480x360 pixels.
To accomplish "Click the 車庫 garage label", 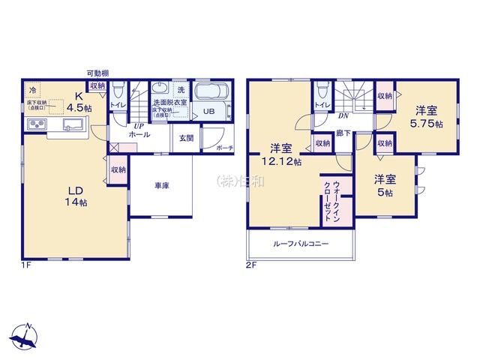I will tap(161, 185).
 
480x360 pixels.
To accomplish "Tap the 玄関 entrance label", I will tap(186, 138).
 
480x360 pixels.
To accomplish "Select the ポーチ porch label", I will tap(223, 148).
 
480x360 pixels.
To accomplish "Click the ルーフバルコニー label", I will tap(300, 244).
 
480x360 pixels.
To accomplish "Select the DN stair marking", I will tap(341, 116).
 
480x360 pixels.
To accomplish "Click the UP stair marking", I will tap(138, 125).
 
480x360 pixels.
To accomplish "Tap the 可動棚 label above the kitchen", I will tap(98, 73).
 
